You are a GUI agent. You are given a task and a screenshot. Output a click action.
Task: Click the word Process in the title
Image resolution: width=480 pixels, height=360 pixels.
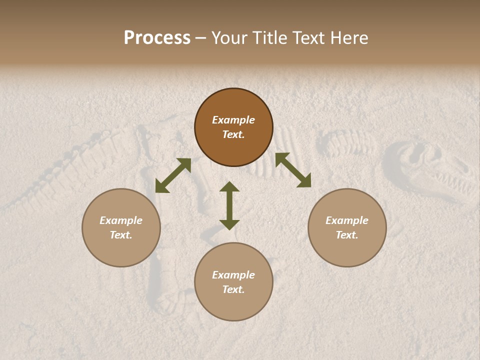click(x=157, y=38)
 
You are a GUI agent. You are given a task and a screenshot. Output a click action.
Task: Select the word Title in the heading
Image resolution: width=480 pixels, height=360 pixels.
click(x=270, y=38)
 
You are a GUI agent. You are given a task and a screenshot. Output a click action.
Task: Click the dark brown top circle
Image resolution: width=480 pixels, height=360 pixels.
click(x=233, y=150)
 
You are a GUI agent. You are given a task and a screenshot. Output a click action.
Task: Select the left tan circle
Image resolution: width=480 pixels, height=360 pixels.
click(x=121, y=250)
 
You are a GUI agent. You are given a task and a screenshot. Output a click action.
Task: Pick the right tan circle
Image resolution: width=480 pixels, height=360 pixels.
click(x=347, y=250)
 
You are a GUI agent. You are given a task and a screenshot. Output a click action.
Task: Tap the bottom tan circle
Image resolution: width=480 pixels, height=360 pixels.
click(x=233, y=307)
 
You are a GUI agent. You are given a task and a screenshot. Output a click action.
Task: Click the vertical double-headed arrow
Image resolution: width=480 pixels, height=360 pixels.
click(x=229, y=205)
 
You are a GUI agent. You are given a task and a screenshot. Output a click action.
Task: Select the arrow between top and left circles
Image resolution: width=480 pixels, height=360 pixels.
click(x=173, y=175)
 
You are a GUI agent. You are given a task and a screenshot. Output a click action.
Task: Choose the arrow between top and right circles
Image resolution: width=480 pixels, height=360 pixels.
click(x=293, y=170)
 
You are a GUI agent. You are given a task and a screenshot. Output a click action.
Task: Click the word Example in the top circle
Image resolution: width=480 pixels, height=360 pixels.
click(x=233, y=120)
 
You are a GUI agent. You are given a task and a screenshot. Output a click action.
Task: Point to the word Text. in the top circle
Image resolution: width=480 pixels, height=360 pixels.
click(x=233, y=134)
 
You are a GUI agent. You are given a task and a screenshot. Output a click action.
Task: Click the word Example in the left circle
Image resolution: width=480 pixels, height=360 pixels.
click(x=121, y=220)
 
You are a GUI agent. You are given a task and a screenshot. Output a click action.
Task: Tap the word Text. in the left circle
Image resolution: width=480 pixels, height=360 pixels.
click(x=121, y=235)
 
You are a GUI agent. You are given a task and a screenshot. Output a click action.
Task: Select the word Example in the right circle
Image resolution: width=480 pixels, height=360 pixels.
click(x=347, y=220)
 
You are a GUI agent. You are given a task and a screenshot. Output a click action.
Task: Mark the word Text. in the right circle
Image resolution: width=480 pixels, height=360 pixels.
click(x=347, y=235)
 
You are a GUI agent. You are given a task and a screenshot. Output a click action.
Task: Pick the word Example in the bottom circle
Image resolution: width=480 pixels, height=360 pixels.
click(x=233, y=275)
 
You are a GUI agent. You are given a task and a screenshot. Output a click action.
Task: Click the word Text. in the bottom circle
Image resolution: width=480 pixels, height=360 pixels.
click(x=233, y=289)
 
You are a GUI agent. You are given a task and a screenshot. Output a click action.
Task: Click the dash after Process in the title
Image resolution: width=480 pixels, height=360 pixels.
click(x=201, y=38)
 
